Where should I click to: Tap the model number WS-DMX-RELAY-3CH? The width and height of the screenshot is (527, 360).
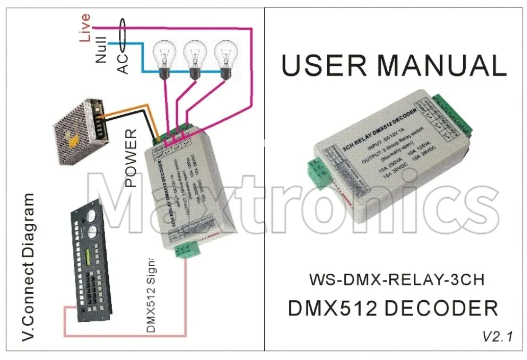(x=396, y=279)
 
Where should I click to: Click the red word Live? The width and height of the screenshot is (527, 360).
(x=85, y=28)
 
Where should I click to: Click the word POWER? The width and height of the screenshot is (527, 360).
(x=131, y=158)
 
